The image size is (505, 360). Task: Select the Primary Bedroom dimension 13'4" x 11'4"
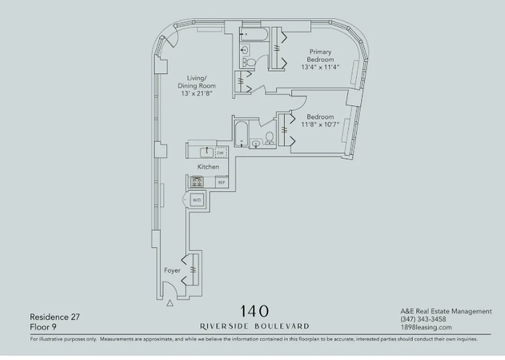point(320,67)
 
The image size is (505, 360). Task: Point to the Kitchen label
point(209,167)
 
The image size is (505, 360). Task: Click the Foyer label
point(172,270)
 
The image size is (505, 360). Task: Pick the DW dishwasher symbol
point(220,153)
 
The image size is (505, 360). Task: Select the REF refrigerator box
point(221,182)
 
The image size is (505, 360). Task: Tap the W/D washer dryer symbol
point(197,199)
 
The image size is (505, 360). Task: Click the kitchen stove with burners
point(197,182)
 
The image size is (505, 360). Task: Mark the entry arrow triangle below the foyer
point(170,303)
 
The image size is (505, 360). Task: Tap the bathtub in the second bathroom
point(241,134)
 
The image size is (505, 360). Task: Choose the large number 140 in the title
point(255,311)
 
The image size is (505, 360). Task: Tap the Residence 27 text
point(55,317)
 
